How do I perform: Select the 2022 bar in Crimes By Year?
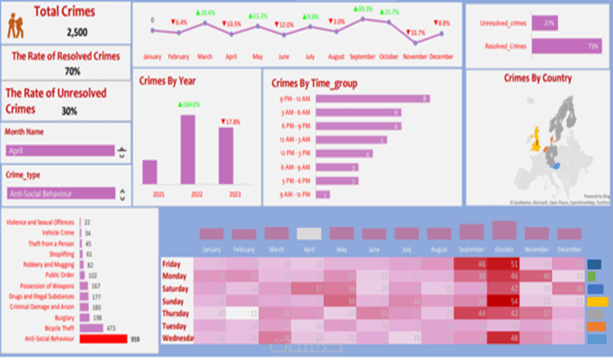pos(188,149)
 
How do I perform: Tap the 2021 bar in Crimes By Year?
pos(149,172)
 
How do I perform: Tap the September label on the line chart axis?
pos(362,57)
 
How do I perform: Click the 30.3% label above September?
pos(364,9)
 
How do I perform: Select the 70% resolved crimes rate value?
pos(73,71)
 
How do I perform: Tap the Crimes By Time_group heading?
pos(315,83)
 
